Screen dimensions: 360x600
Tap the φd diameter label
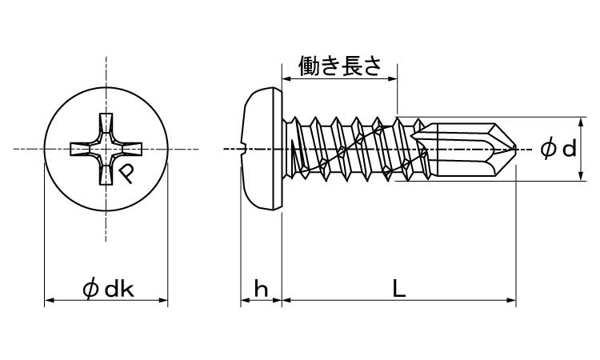pyautogui.click(x=558, y=149)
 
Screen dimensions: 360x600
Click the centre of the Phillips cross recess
pyautogui.click(x=106, y=150)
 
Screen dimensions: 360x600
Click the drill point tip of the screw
pyautogui.click(x=516, y=149)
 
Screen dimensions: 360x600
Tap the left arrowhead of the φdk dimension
pyautogui.click(x=47, y=301)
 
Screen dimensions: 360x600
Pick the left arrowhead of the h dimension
pyautogui.click(x=244, y=301)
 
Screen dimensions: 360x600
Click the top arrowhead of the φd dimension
pyautogui.click(x=578, y=121)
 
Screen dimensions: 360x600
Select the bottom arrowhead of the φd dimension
pyautogui.click(x=578, y=177)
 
